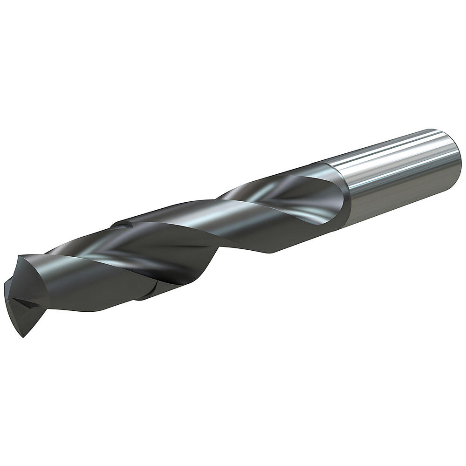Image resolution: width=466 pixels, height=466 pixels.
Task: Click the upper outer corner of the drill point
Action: point(20,257)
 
